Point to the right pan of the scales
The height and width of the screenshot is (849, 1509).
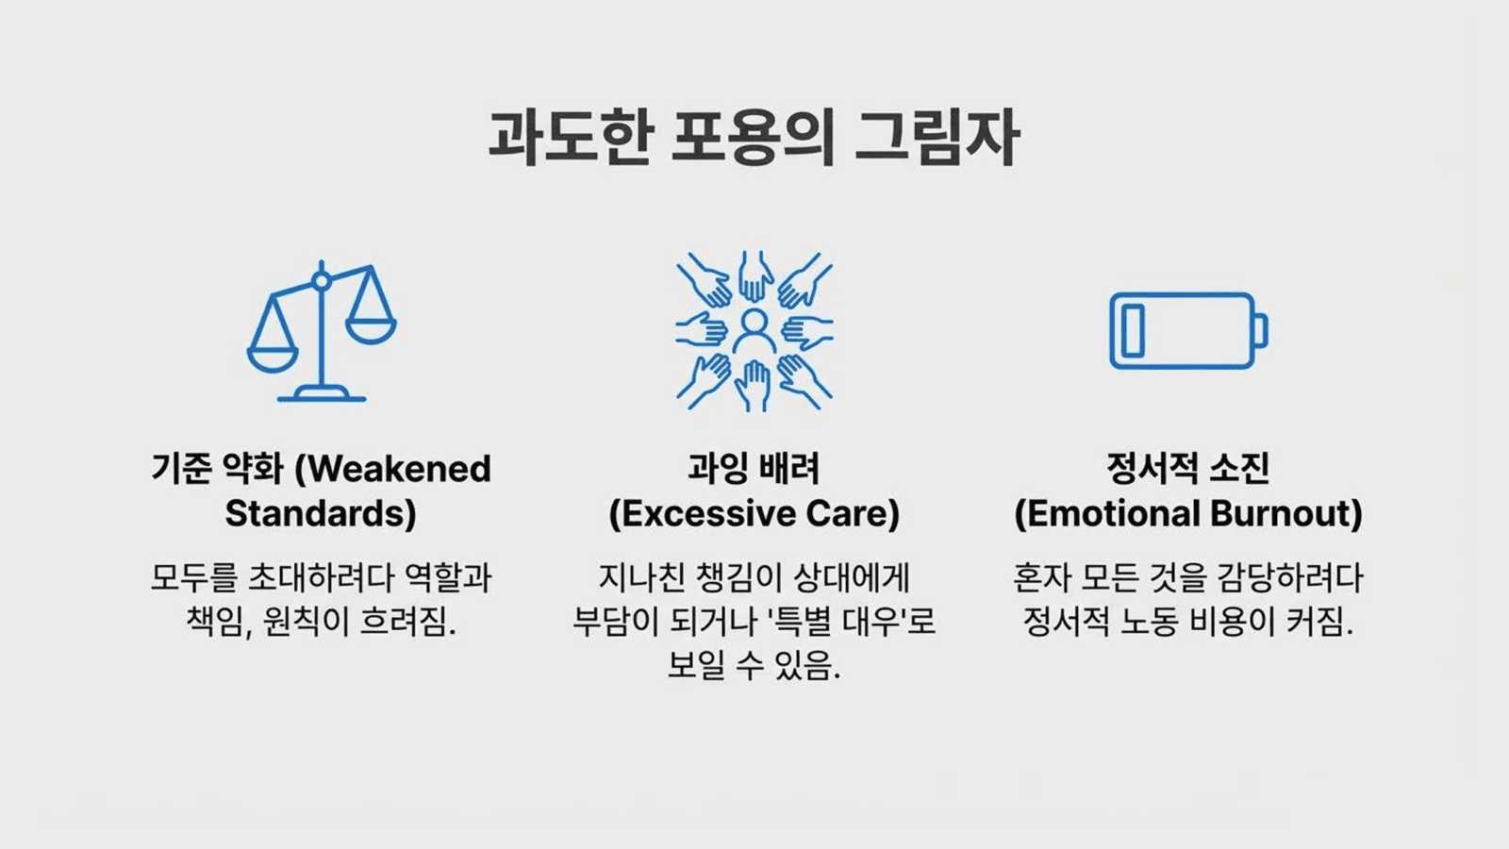371,329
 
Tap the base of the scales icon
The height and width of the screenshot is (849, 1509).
322,393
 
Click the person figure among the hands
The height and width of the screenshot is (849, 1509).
754,331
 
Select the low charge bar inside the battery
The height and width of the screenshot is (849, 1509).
1133,330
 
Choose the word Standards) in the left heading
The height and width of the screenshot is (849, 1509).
321,513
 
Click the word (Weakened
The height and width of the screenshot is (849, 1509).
393,469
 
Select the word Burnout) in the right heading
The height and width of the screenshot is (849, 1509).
1286,513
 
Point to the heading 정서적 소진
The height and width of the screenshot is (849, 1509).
1188,469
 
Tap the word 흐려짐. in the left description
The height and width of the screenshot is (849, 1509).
408,622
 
